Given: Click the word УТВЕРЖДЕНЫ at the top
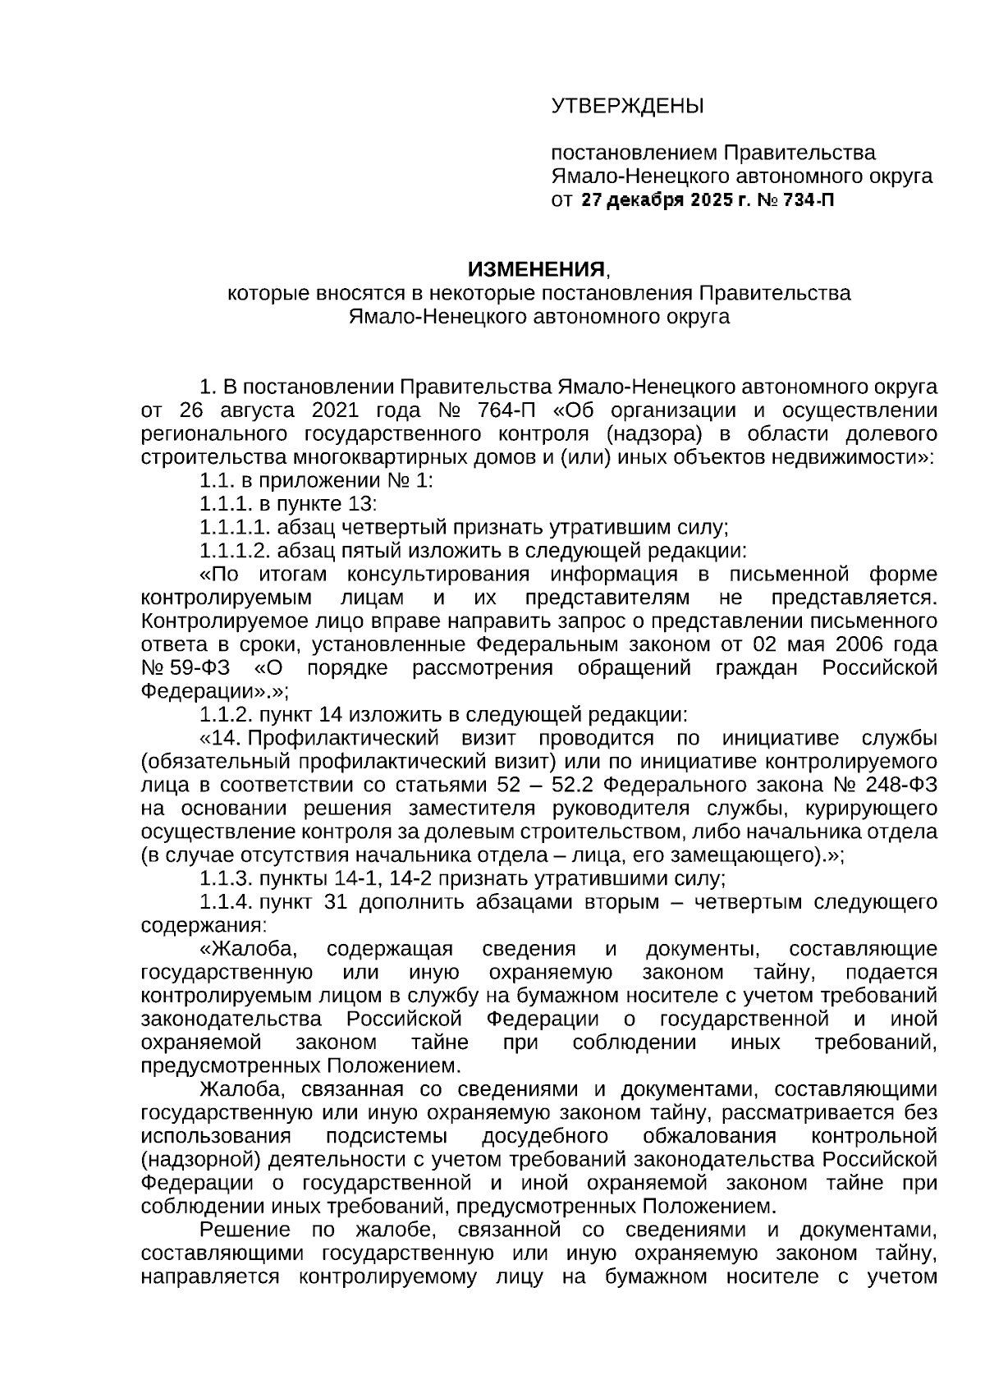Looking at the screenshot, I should pyautogui.click(x=627, y=106).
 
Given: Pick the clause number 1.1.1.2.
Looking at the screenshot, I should pyautogui.click(x=235, y=550).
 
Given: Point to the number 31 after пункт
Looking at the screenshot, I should pyautogui.click(x=337, y=902).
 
